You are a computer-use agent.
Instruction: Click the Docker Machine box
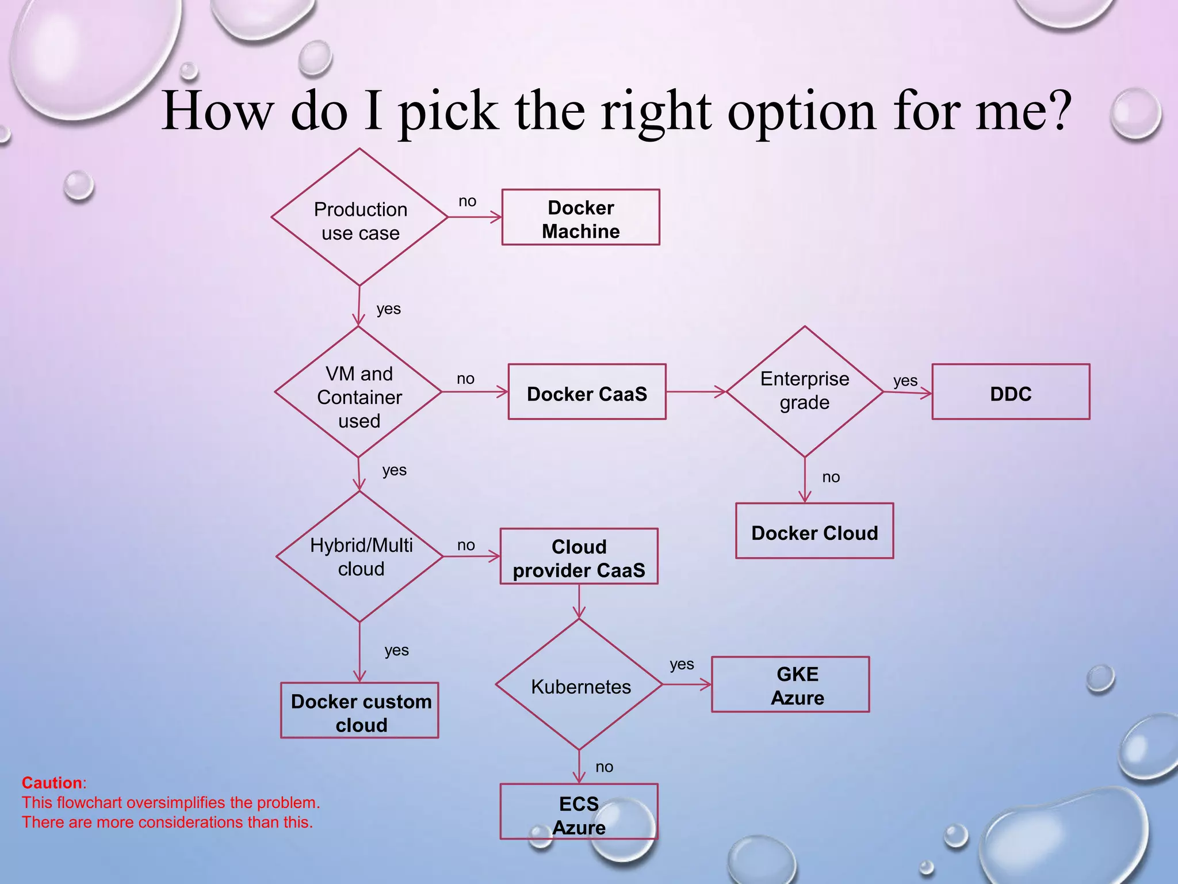tap(580, 218)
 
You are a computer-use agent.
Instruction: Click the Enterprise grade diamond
tap(805, 391)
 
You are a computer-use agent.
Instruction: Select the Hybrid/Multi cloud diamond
tap(360, 557)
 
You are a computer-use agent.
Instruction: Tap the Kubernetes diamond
tap(580, 685)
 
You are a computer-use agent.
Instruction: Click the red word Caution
tap(52, 783)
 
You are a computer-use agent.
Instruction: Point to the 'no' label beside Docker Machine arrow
tap(467, 201)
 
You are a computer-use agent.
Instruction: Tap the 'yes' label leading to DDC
tap(905, 381)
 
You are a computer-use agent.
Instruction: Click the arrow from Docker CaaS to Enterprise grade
tap(696, 392)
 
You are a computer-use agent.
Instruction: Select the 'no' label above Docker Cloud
tap(831, 477)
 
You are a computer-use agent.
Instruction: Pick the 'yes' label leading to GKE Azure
tap(682, 665)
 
